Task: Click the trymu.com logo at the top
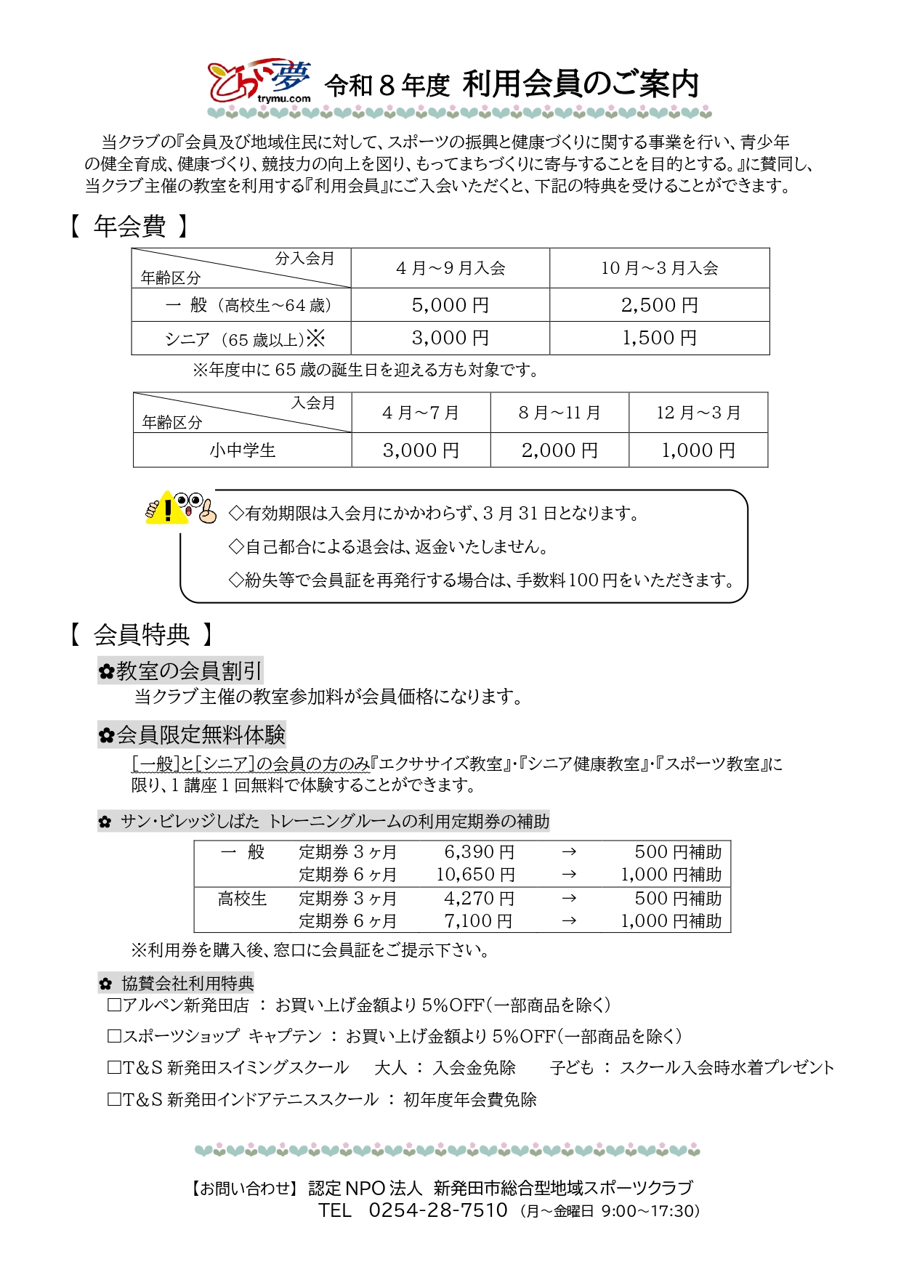click(259, 81)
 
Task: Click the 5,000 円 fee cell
click(450, 305)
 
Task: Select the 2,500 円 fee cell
click(659, 305)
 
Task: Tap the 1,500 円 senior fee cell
click(659, 338)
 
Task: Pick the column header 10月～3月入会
click(659, 268)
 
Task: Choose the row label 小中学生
click(243, 450)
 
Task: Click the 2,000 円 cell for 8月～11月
click(559, 450)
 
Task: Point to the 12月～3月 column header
click(698, 413)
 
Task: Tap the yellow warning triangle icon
click(166, 509)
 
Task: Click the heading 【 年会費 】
click(129, 227)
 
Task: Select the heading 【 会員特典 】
click(141, 635)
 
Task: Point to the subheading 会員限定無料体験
click(192, 735)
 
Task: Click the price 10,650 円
click(475, 875)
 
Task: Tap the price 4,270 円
click(479, 899)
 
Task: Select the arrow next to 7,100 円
click(569, 921)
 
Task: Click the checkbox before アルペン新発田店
click(114, 1005)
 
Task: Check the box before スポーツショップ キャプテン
click(114, 1037)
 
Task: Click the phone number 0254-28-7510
click(437, 1210)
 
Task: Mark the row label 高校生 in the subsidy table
click(243, 899)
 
